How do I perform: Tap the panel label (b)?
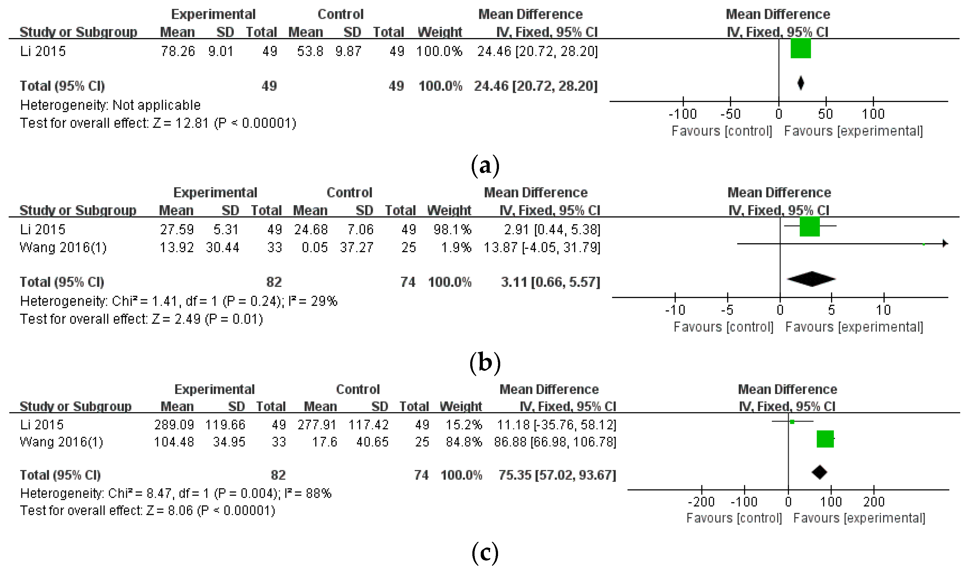(485, 362)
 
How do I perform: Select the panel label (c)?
(485, 553)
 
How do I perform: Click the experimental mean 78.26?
(178, 51)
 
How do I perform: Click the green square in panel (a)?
(800, 48)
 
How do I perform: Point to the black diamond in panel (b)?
(811, 279)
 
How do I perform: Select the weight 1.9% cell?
(456, 247)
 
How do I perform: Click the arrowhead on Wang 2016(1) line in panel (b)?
(945, 243)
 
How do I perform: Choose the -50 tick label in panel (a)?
(730, 114)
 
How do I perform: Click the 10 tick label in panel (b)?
(883, 310)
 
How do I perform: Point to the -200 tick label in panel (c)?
(701, 502)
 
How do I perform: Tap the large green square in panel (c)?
(825, 439)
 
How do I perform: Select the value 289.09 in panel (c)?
(174, 425)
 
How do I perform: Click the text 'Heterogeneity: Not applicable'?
(110, 105)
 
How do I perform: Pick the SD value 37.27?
(357, 247)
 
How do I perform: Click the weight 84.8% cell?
(464, 442)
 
